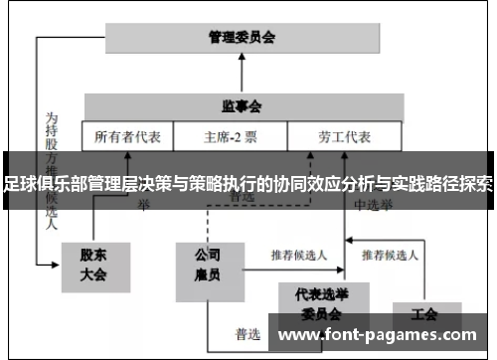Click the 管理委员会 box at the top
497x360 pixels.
point(242,38)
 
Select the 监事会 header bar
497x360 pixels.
point(242,104)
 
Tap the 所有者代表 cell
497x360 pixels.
point(128,136)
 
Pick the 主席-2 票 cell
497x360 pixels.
point(230,136)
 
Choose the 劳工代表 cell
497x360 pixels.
point(343,136)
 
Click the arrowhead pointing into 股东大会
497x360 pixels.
point(57,266)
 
